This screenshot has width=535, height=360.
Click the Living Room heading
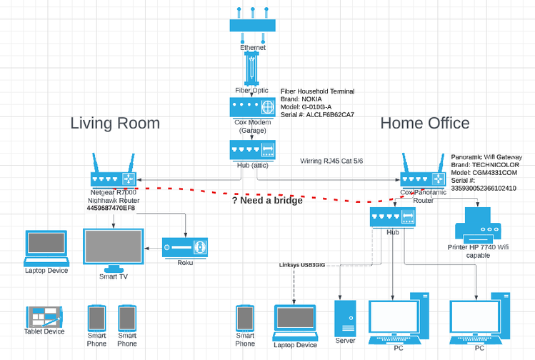pos(114,123)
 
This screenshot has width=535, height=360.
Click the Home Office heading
pos(424,123)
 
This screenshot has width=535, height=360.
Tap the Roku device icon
pos(184,247)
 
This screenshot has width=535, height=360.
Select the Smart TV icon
pos(113,247)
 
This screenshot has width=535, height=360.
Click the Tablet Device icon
pos(44,316)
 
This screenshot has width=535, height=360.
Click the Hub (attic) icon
pos(252,150)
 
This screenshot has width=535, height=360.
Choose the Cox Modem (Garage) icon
pos(252,107)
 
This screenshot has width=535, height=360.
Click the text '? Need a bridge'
pos(266,201)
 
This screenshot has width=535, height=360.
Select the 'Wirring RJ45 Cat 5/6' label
pos(332,161)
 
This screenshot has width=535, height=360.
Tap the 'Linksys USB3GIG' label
pos(301,265)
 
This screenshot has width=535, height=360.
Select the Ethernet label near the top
pos(252,48)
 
